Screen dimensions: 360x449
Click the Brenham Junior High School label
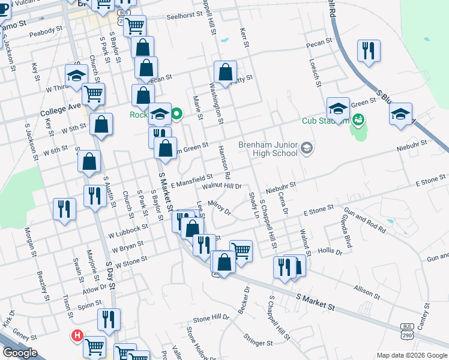point(268,149)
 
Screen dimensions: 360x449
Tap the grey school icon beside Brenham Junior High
point(307,148)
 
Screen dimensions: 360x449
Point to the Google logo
point(19,353)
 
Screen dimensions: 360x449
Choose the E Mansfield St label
point(192,179)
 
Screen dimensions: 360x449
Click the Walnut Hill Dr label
point(221,187)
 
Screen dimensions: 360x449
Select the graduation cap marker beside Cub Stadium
point(338,109)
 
